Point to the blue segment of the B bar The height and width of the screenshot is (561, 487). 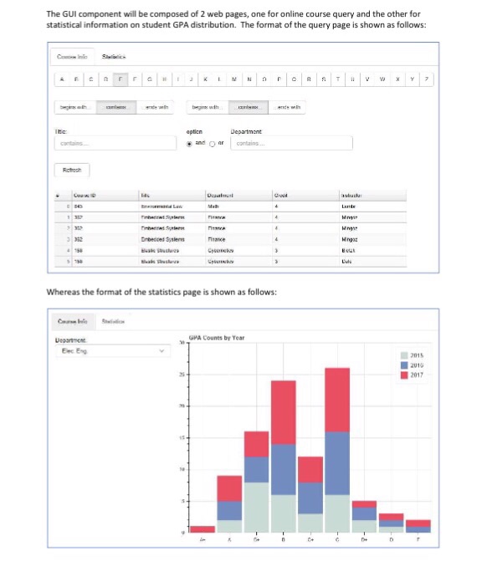tap(284, 469)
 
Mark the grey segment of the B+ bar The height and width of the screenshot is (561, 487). tap(255, 507)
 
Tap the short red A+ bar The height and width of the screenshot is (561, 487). tap(202, 529)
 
